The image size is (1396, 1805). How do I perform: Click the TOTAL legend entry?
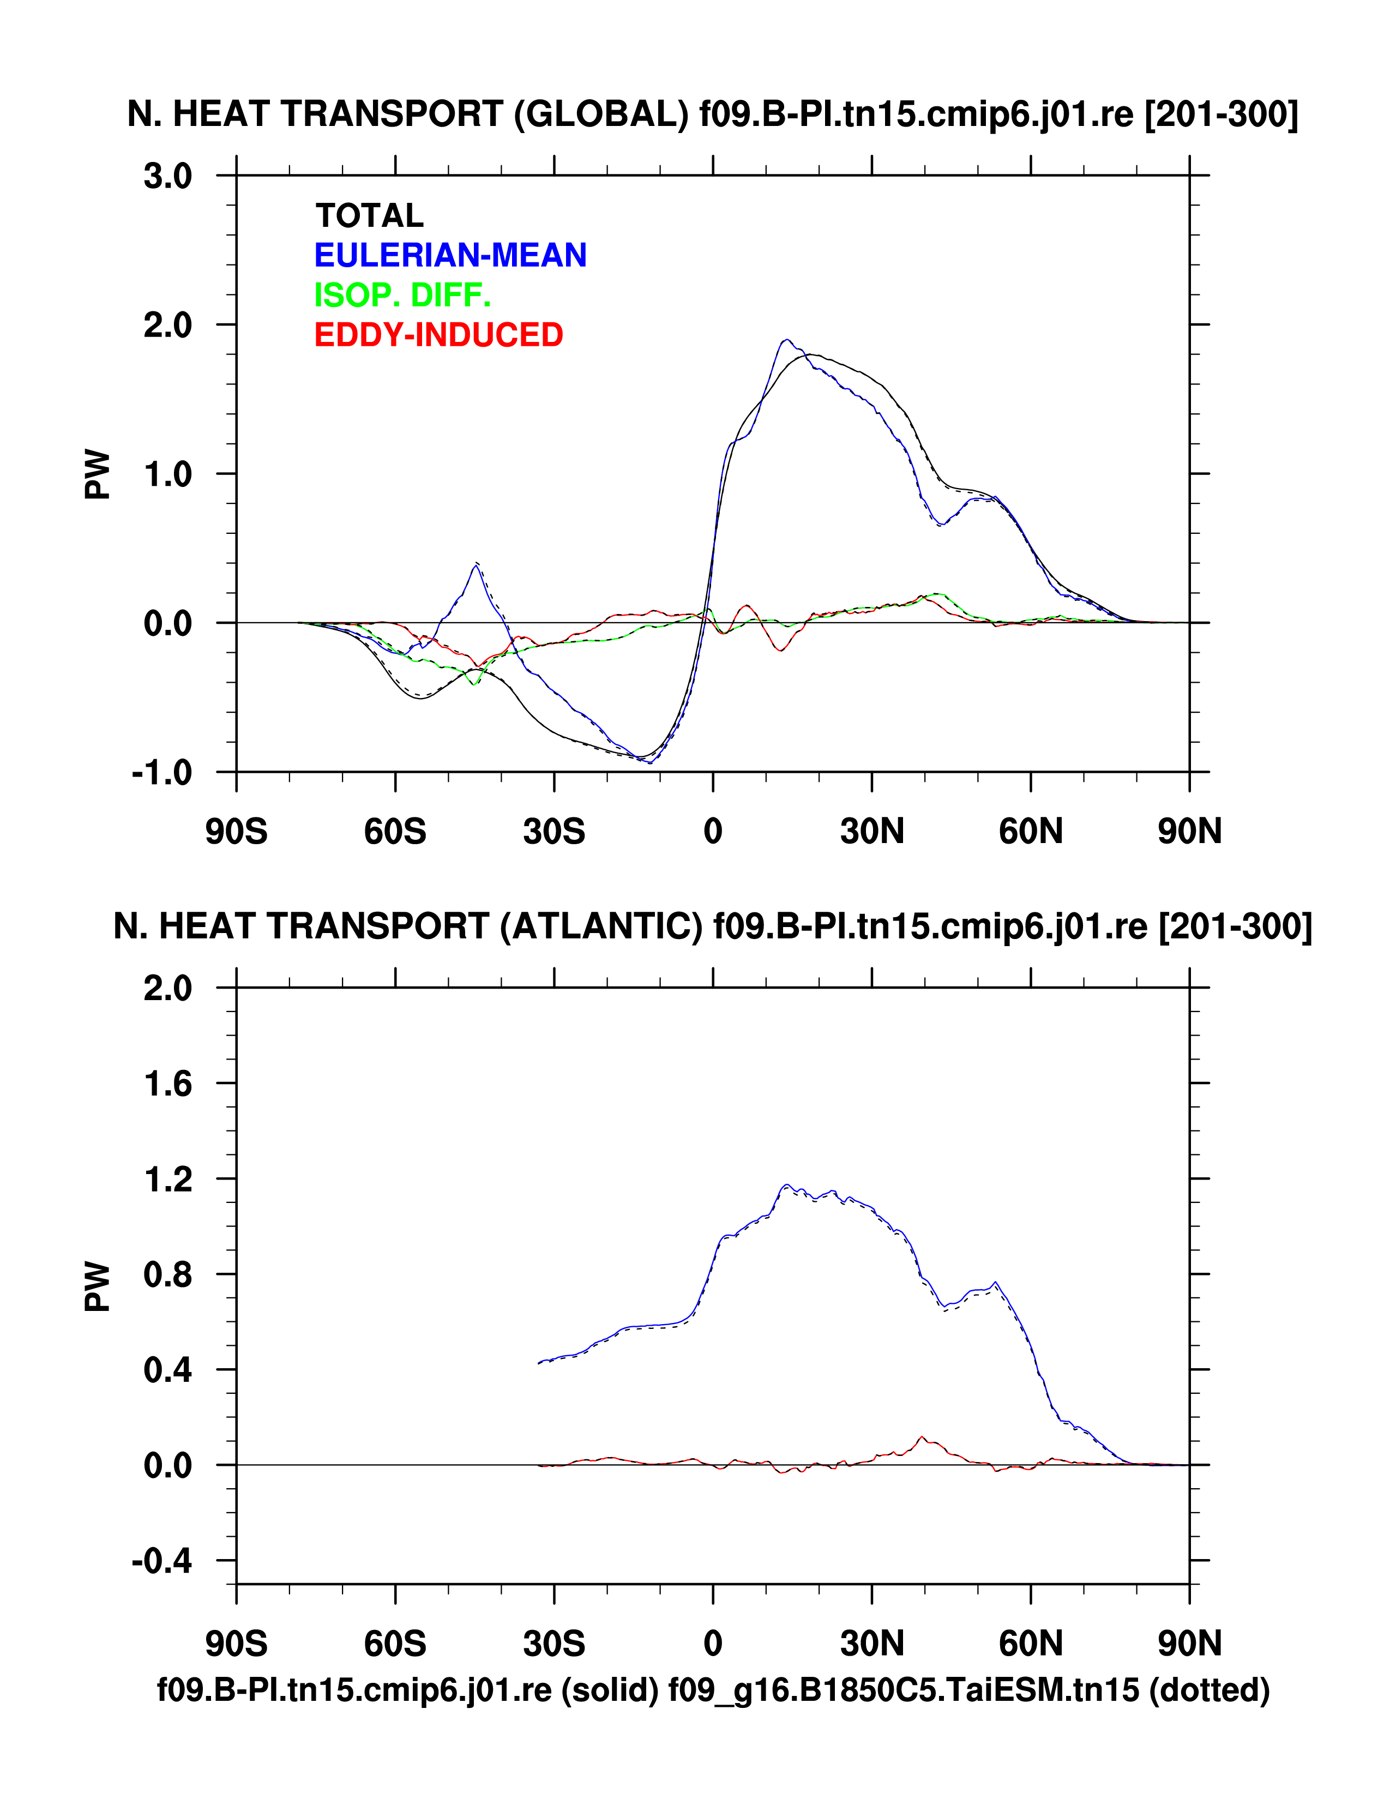click(370, 216)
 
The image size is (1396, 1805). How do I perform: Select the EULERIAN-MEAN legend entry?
click(450, 255)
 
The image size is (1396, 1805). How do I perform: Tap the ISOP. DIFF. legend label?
click(402, 295)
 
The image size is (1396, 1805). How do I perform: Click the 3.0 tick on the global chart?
click(168, 176)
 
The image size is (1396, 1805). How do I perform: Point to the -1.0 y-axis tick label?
click(162, 773)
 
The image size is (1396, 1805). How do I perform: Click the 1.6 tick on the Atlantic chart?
click(168, 1084)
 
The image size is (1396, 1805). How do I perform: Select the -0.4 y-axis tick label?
click(162, 1561)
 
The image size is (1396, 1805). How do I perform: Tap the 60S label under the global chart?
click(395, 832)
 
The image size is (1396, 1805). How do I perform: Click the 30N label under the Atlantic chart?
click(872, 1644)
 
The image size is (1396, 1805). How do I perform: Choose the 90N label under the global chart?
click(1189, 832)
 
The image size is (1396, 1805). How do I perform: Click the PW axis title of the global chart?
click(98, 474)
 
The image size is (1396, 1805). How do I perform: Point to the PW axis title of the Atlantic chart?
click(98, 1286)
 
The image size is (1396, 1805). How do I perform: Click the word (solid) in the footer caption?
click(610, 1690)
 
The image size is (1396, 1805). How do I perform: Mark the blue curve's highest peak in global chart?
click(787, 340)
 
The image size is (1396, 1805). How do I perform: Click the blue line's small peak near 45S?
click(476, 565)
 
